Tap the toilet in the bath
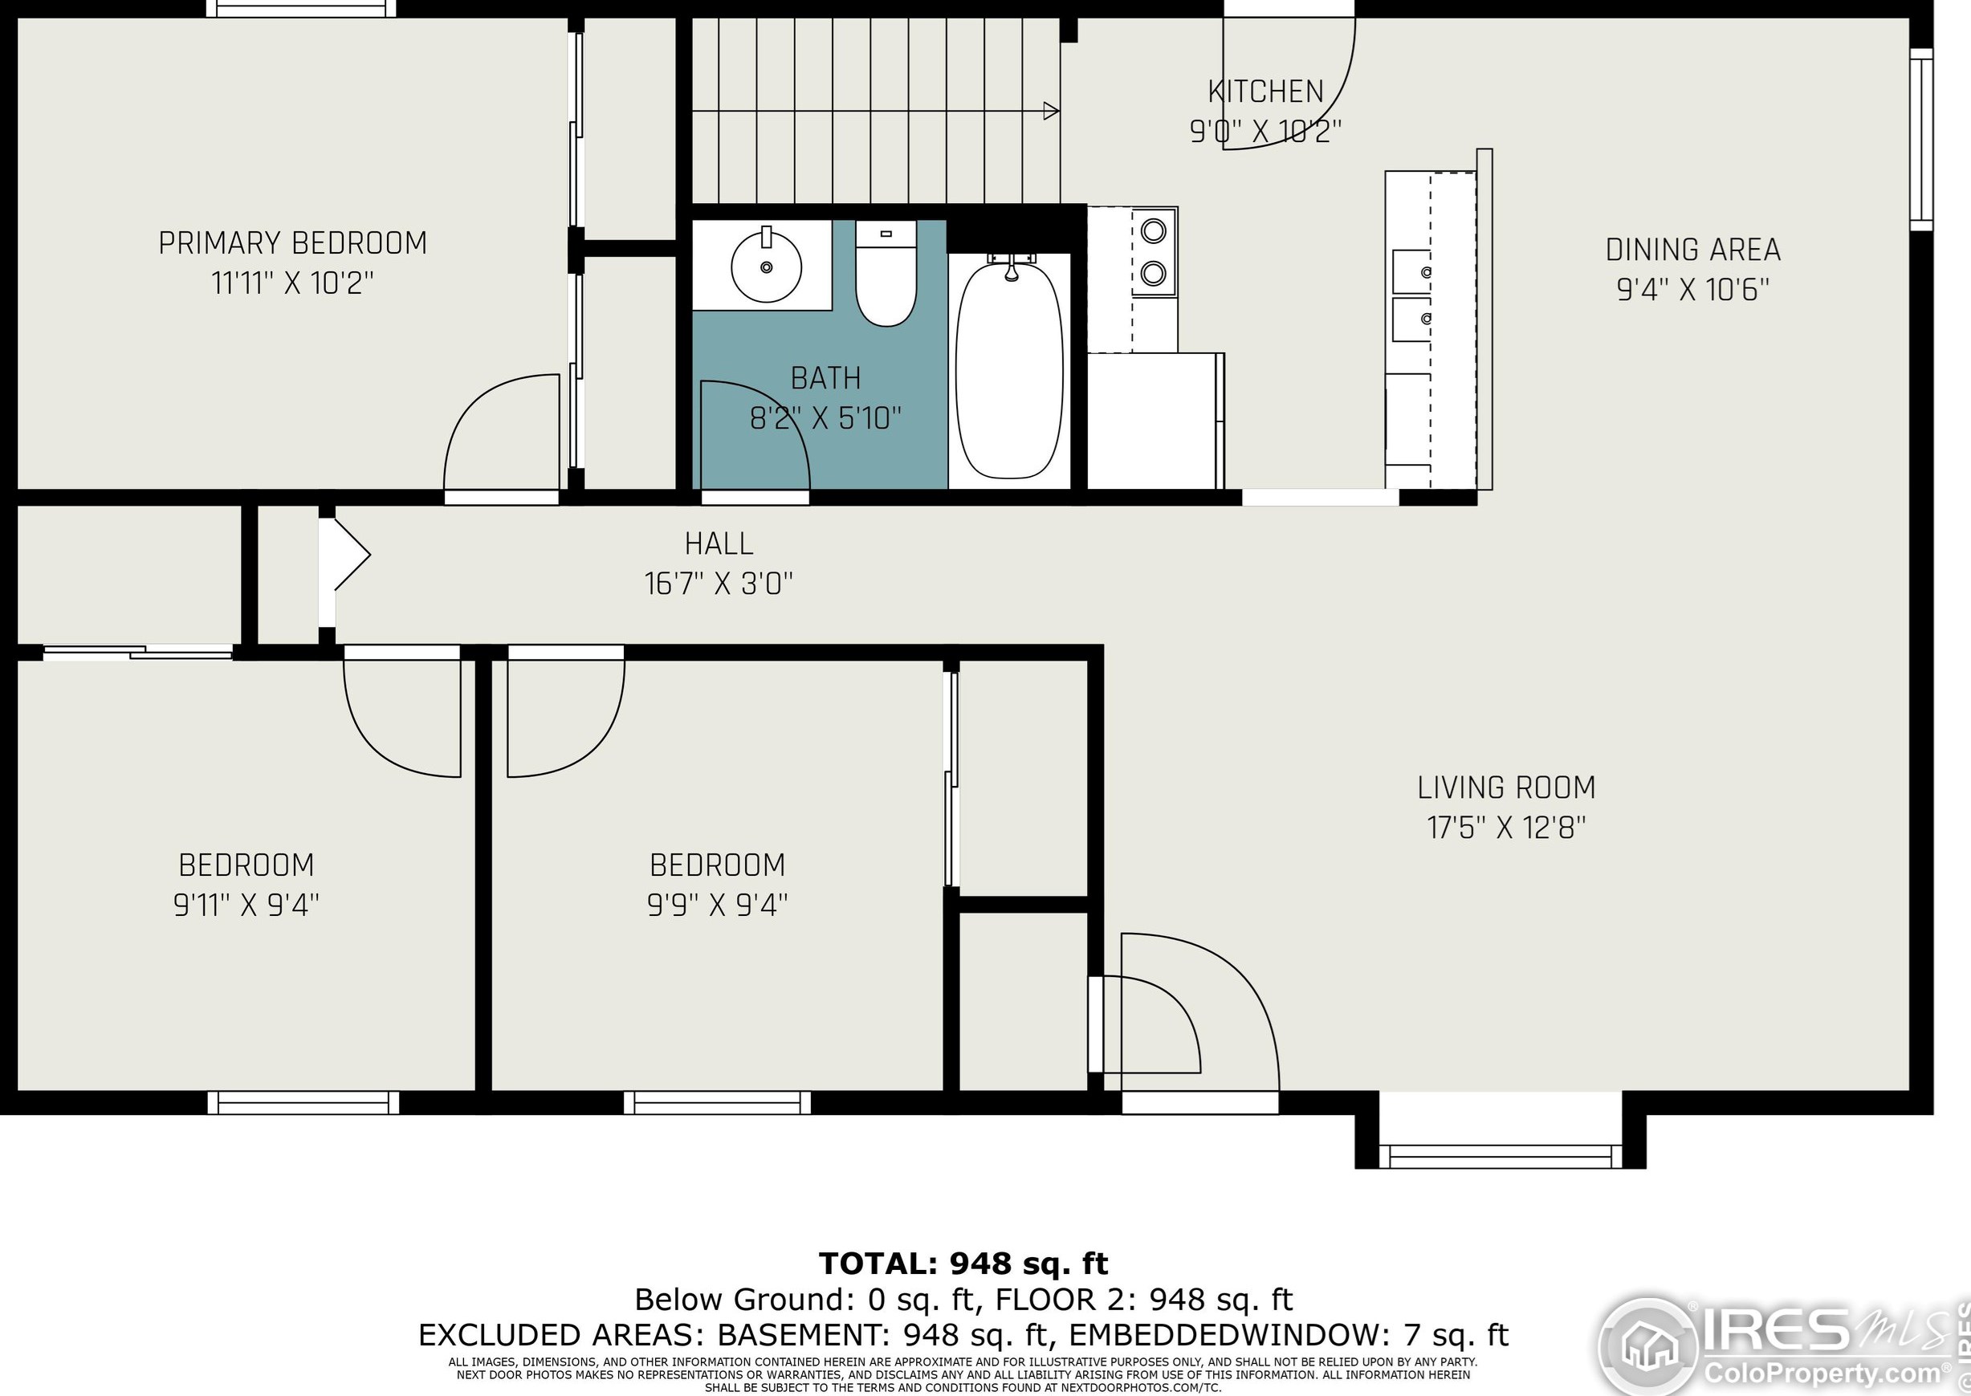coord(886,275)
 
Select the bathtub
coord(1009,369)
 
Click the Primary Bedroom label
coord(293,243)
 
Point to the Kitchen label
coord(1265,92)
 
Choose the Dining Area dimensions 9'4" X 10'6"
coord(1693,290)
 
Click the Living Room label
coord(1506,788)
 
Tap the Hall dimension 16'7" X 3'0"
coord(719,584)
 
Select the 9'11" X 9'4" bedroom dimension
coord(246,904)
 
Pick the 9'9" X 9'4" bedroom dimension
coord(718,904)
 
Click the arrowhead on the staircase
coord(1051,111)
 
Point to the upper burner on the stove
coord(1154,230)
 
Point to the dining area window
coord(1921,139)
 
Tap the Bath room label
coord(825,378)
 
